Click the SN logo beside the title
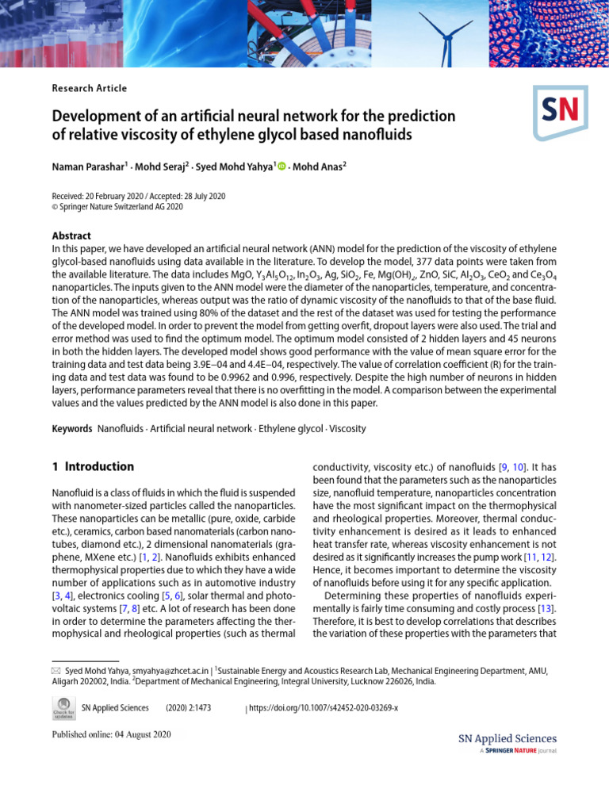pyautogui.click(x=561, y=113)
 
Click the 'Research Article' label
pyautogui.click(x=90, y=88)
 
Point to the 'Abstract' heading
pyautogui.click(x=71, y=236)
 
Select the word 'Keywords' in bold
pyautogui.click(x=72, y=429)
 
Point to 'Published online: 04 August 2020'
pyautogui.click(x=111, y=734)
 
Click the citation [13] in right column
pyautogui.click(x=547, y=607)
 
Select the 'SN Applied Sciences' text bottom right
pyautogui.click(x=507, y=738)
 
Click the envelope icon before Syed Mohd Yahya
pyautogui.click(x=56, y=670)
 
